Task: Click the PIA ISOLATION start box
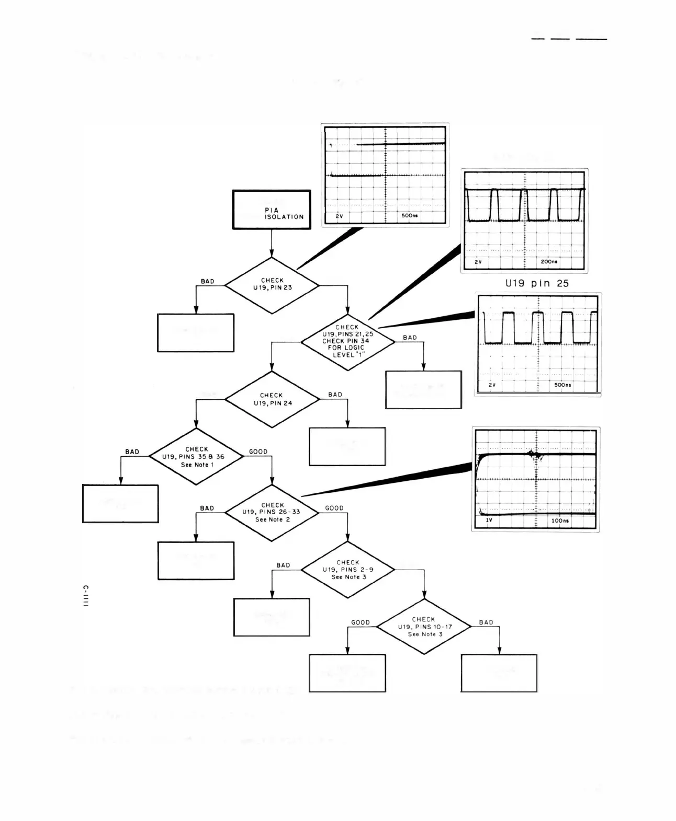tap(272, 210)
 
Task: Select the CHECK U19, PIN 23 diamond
tap(272, 285)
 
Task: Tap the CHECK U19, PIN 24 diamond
tap(272, 399)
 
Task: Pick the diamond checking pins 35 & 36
tap(196, 456)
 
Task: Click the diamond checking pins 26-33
tap(272, 513)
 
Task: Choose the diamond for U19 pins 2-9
tap(348, 570)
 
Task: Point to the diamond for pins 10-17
tap(424, 626)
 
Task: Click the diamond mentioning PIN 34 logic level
tap(348, 342)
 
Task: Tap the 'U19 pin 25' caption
tap(536, 283)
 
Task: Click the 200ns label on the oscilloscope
tap(549, 261)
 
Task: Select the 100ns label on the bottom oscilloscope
tap(560, 521)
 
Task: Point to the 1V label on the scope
tap(489, 521)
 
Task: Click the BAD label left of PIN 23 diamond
tap(208, 281)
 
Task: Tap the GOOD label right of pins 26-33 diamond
tap(334, 508)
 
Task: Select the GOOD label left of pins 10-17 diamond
tap(360, 622)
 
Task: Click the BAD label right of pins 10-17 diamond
tap(486, 622)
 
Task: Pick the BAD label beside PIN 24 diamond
tap(335, 395)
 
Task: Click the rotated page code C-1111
tap(86, 596)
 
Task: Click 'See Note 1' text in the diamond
tap(197, 465)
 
